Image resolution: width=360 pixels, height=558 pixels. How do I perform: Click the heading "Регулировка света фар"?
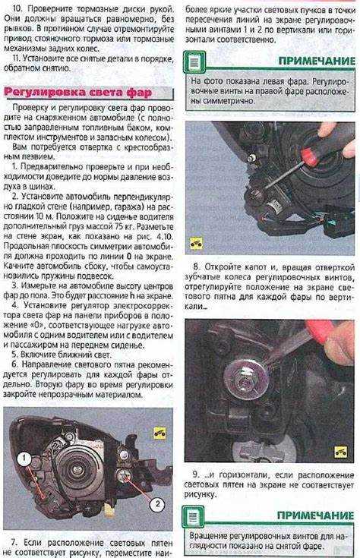click(x=78, y=93)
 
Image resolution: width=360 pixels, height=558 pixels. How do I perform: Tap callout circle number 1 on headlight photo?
click(x=24, y=459)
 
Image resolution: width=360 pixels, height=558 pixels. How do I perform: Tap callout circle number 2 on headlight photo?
click(x=157, y=504)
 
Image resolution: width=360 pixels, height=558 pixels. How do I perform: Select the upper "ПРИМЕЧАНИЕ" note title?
click(x=317, y=61)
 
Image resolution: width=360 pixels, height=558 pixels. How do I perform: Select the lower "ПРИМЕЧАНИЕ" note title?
click(x=315, y=515)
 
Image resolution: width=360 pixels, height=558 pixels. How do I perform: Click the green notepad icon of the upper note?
click(x=194, y=62)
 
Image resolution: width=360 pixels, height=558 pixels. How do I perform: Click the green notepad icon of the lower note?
click(x=194, y=517)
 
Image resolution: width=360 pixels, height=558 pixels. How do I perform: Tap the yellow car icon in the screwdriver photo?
click(x=196, y=244)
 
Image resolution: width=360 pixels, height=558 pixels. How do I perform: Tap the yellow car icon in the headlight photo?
click(x=160, y=433)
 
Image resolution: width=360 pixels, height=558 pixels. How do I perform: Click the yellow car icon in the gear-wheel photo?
click(x=341, y=452)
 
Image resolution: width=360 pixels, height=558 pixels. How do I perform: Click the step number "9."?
click(x=196, y=474)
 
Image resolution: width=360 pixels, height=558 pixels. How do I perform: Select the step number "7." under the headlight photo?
click(x=14, y=543)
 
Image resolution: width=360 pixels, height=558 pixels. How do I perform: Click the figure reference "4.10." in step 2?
click(x=163, y=237)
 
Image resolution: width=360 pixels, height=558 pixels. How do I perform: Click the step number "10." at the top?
click(x=17, y=8)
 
